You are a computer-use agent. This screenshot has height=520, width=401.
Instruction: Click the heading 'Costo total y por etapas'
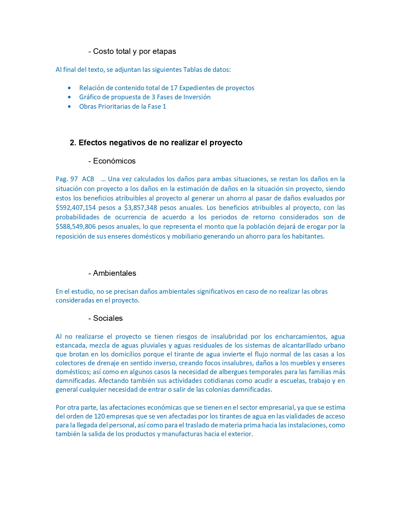[x=134, y=51]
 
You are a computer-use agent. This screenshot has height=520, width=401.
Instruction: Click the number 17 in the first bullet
[x=174, y=88]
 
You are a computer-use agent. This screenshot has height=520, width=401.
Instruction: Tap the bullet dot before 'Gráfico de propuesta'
[x=69, y=97]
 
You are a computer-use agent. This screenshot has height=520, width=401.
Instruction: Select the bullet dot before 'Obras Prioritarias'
[x=69, y=107]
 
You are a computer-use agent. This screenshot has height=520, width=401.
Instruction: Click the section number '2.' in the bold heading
[x=73, y=143]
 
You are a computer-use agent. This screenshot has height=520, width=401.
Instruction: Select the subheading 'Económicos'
[x=114, y=161]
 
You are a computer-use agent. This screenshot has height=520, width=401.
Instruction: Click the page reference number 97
[x=74, y=179]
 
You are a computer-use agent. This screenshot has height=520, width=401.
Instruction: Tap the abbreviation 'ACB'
[x=88, y=179]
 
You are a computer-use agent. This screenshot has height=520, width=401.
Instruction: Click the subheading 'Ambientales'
[x=114, y=273]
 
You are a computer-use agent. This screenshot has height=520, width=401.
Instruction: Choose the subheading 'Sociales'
[x=108, y=318]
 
